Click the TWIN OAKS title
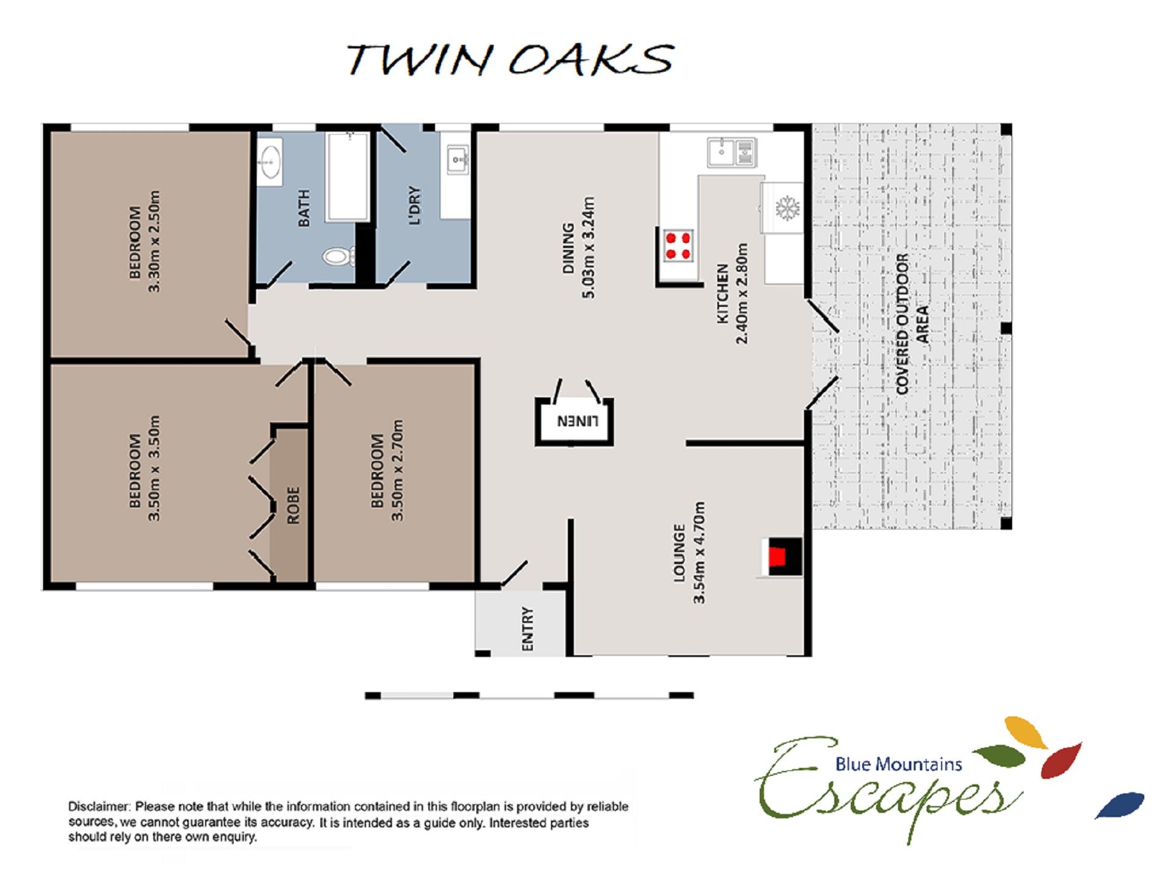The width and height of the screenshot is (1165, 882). coord(510,59)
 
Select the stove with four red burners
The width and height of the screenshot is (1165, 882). coord(678,246)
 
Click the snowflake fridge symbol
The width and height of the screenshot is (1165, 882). coord(787,208)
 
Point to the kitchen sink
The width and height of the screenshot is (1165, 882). coord(732,152)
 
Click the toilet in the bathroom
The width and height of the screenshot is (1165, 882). coord(338,256)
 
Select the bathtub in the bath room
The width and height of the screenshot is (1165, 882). coord(348,177)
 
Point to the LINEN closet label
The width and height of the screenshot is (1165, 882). coord(578,421)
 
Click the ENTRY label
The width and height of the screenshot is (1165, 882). coord(527,629)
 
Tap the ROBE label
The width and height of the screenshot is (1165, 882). coord(293,505)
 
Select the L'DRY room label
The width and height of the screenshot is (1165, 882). coord(414,206)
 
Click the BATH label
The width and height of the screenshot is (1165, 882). coord(304,208)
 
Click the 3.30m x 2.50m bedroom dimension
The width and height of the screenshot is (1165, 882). coord(154,241)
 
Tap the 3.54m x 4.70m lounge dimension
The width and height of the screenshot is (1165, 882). coord(699,553)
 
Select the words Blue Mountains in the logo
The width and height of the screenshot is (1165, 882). coord(898,764)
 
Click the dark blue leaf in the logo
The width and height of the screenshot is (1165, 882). coord(1120,806)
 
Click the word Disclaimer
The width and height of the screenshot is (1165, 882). coord(99,807)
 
